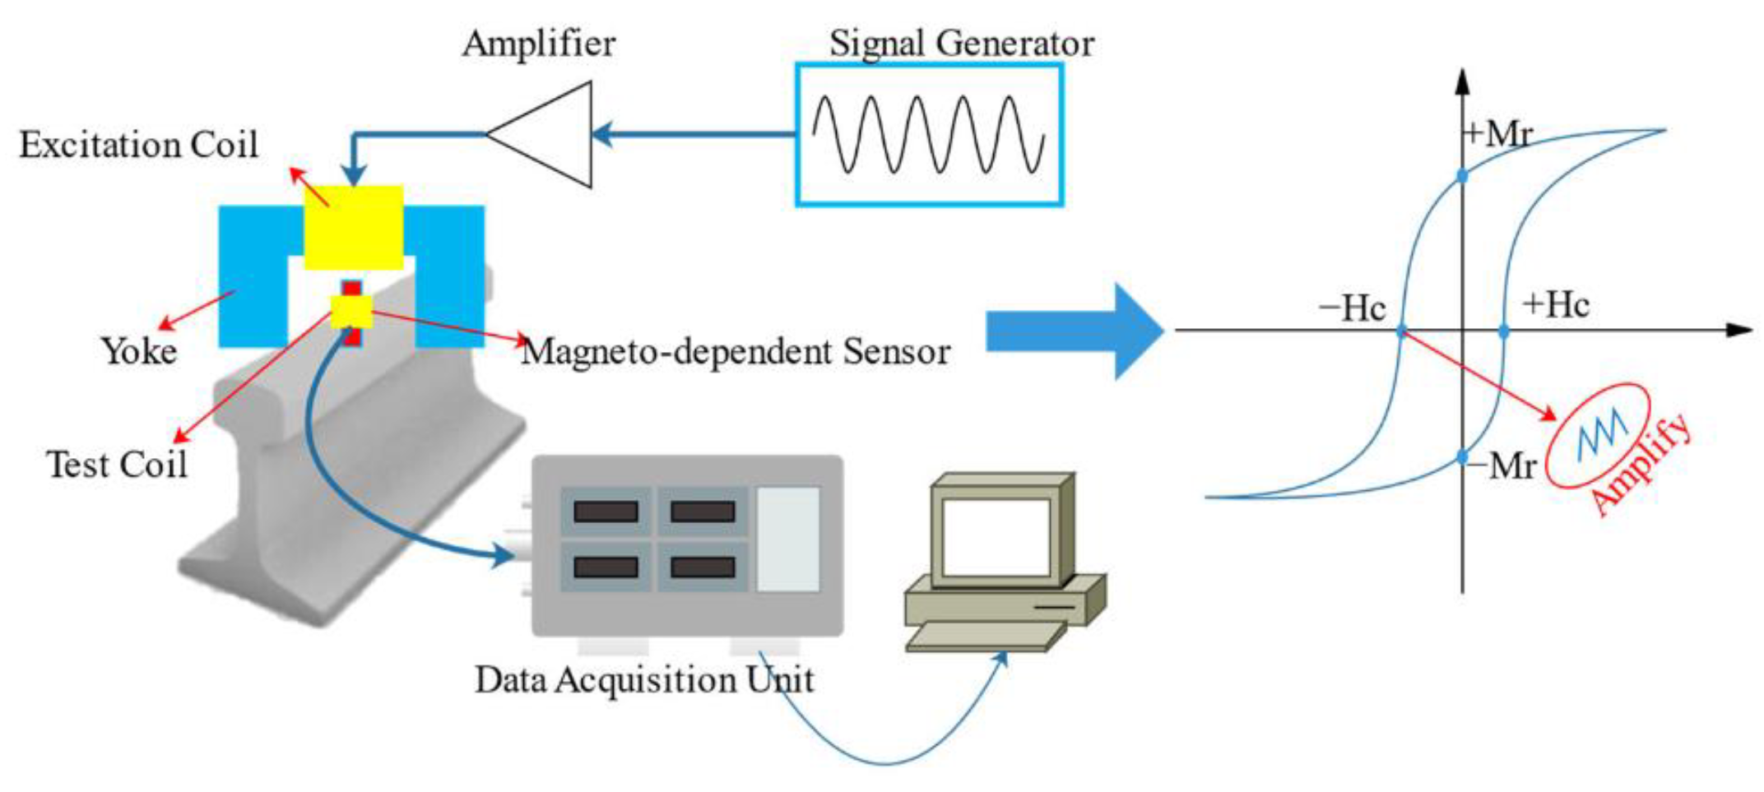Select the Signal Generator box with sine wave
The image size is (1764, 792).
[x=929, y=135]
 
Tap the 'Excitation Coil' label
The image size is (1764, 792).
[x=138, y=145]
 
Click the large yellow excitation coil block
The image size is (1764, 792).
[x=354, y=228]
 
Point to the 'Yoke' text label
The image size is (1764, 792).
[x=139, y=351]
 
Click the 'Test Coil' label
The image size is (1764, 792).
[x=117, y=465]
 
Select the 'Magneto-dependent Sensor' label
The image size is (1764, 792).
[x=736, y=352]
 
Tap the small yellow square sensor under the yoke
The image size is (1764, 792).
[x=351, y=313]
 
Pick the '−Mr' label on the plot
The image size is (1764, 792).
[x=1502, y=466]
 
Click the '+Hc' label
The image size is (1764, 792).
[x=1555, y=305]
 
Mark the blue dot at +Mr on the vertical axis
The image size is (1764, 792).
[x=1462, y=175]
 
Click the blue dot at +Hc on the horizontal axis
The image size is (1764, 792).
[x=1503, y=331]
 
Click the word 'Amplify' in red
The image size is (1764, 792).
[x=1641, y=465]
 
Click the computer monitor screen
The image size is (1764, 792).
[x=996, y=537]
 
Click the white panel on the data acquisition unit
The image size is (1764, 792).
[x=787, y=539]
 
